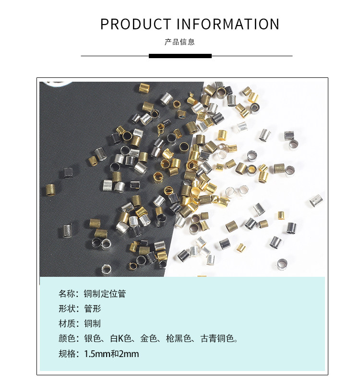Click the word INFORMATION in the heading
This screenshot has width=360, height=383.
click(x=228, y=24)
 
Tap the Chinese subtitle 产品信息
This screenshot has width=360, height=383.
click(x=180, y=42)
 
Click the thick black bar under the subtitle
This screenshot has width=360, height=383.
click(x=180, y=56)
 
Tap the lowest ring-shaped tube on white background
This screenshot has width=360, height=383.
click(x=282, y=263)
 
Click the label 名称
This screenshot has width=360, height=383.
click(x=67, y=293)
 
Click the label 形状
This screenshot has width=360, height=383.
click(x=67, y=309)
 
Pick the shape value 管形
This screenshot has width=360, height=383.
click(x=93, y=309)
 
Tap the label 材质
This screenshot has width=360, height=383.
click(x=67, y=323)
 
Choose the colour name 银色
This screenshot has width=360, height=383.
click(x=92, y=339)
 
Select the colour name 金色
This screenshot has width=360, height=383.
click(x=149, y=339)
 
